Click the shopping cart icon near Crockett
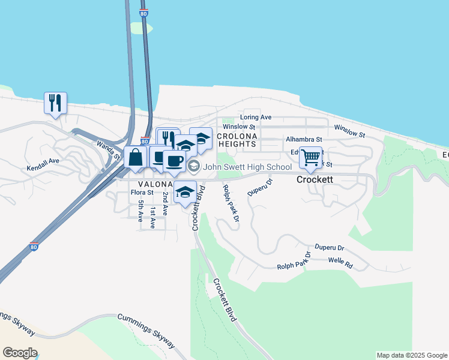[310, 157]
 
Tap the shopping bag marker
[136, 157]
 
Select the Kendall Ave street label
[43, 161]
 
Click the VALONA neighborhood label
[156, 184]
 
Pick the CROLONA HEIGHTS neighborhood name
[237, 140]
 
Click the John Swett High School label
[247, 167]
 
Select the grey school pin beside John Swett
[193, 166]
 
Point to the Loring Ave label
[256, 117]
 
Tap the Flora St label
[142, 193]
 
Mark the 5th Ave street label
[140, 212]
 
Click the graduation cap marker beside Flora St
[185, 192]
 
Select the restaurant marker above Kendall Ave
[55, 103]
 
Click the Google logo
[20, 353]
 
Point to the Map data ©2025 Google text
[412, 355]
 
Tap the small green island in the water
[141, 28]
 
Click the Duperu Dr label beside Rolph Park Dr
[259, 186]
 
